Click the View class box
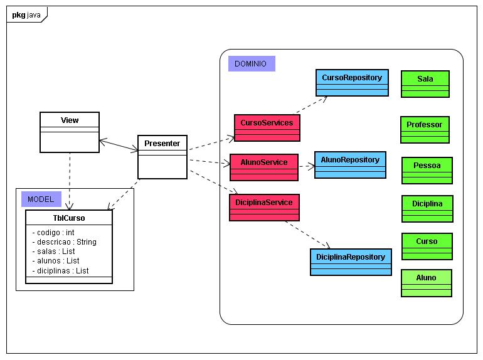70,132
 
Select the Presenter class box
162,157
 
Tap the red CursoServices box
267,128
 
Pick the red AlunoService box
264,167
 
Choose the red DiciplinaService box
264,207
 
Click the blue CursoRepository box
352,83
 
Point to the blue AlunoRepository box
350,165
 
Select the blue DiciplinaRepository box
351,262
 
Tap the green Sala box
425,84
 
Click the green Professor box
425,130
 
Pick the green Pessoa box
427,171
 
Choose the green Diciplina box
427,209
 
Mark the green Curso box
427,246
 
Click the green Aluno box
427,283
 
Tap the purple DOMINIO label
252,64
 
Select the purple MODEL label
41,199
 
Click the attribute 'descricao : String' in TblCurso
65,242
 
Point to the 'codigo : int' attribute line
53,233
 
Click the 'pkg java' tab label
26,15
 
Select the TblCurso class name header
69,218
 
